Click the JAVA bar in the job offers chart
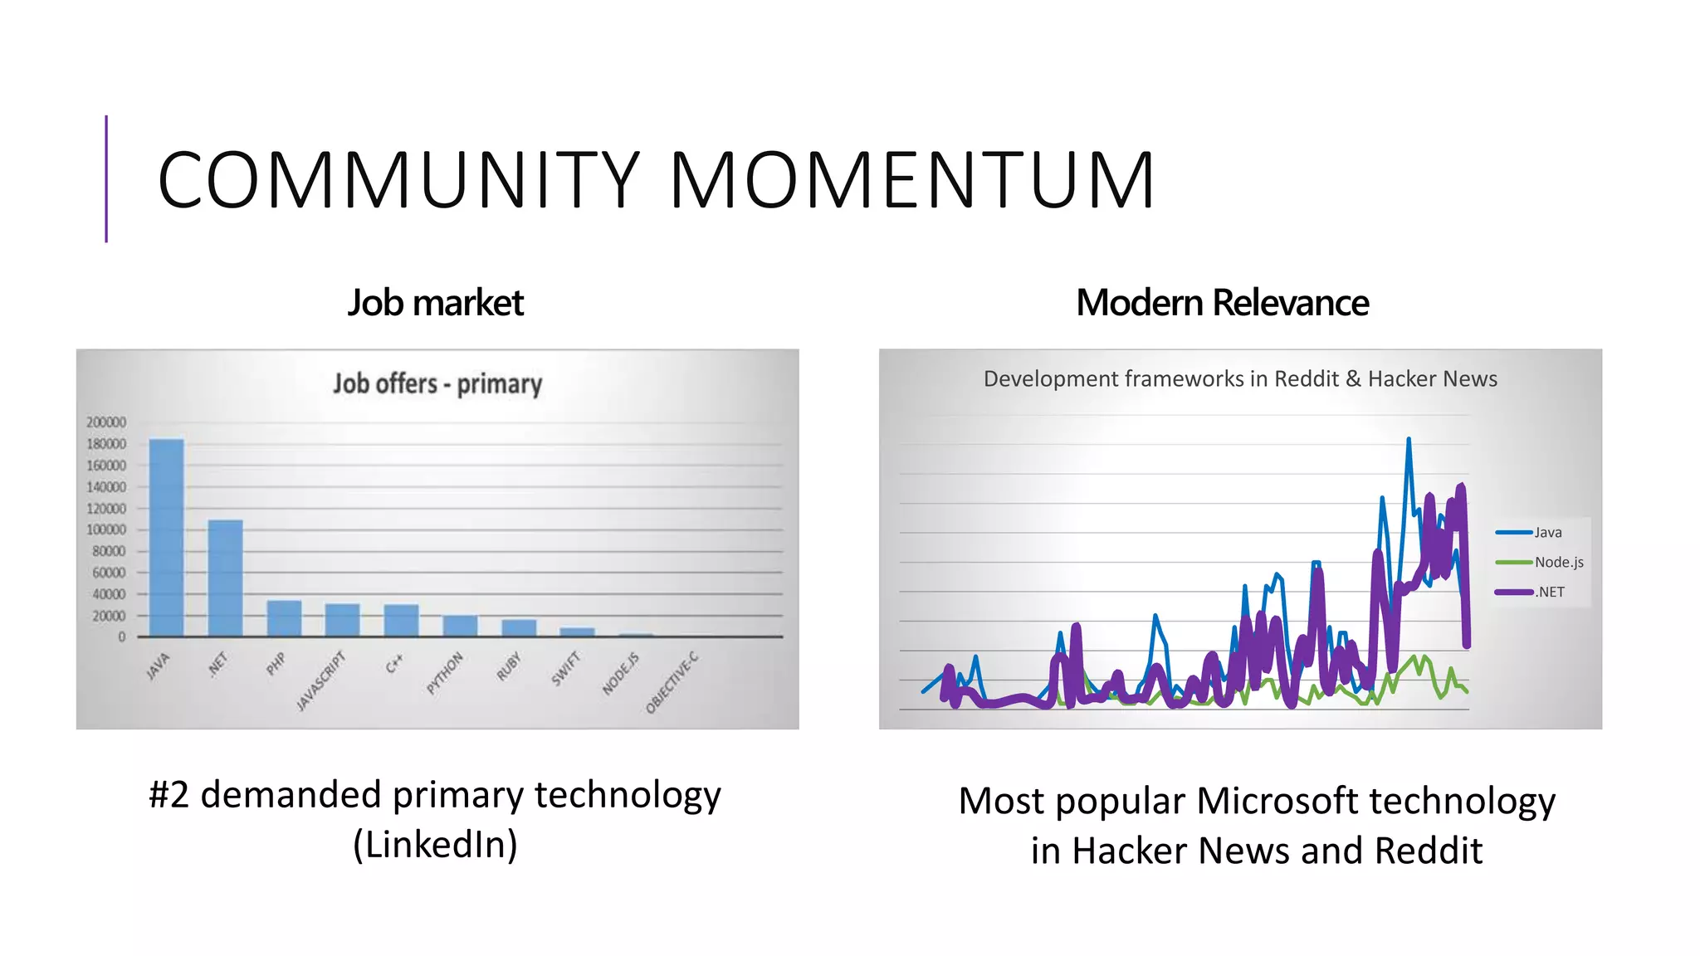pyautogui.click(x=166, y=538)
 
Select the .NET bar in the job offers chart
pyautogui.click(x=225, y=578)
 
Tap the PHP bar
pyautogui.click(x=284, y=618)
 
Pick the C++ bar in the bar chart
pyautogui.click(x=401, y=621)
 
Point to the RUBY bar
pyautogui.click(x=519, y=628)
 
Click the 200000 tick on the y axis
pyautogui.click(x=106, y=422)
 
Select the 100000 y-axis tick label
pyautogui.click(x=106, y=529)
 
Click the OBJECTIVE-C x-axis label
pyautogui.click(x=672, y=683)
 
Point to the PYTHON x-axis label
pyautogui.click(x=445, y=673)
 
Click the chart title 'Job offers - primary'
pyautogui.click(x=437, y=383)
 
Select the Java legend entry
pyautogui.click(x=1546, y=533)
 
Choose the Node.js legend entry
pyautogui.click(x=1558, y=563)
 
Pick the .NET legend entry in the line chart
pyautogui.click(x=1549, y=593)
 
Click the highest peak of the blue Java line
pyautogui.click(x=1409, y=440)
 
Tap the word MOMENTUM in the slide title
pyautogui.click(x=911, y=180)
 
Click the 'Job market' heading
pyautogui.click(x=436, y=303)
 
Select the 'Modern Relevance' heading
pyautogui.click(x=1222, y=303)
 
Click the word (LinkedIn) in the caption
pyautogui.click(x=435, y=845)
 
